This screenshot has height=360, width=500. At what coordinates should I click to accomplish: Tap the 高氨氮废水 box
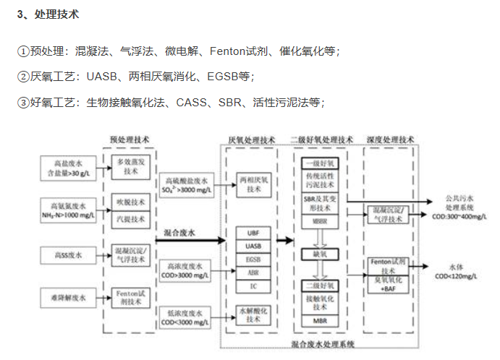click(64, 208)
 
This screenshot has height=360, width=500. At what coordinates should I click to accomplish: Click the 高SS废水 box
click(64, 254)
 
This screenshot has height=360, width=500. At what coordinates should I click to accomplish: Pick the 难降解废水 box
click(64, 296)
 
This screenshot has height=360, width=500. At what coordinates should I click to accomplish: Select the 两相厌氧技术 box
click(253, 184)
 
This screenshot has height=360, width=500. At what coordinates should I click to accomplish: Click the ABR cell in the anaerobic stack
click(253, 273)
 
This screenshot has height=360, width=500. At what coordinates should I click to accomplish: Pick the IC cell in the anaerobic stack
click(253, 286)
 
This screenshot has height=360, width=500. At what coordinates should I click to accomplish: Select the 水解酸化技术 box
click(253, 314)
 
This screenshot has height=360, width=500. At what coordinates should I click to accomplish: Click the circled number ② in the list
click(23, 76)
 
